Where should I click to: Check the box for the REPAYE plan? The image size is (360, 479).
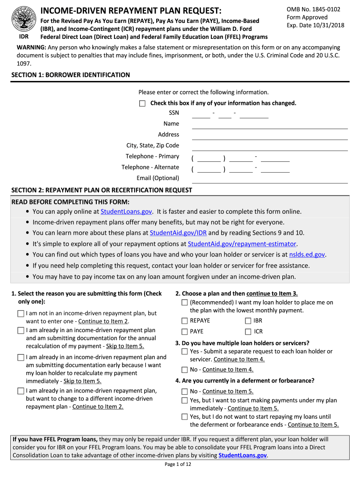185,321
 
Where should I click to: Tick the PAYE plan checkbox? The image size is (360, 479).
185,332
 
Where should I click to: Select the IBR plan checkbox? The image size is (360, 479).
248,321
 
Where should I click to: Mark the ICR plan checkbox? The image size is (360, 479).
248,332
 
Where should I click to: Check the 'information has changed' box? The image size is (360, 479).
143,103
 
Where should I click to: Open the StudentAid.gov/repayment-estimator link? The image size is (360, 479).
242,244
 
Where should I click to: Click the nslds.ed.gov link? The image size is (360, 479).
307,254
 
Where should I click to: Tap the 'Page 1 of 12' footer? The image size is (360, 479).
178,464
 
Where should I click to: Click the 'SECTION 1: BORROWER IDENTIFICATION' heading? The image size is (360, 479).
71,75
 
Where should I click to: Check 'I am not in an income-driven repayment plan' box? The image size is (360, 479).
21,313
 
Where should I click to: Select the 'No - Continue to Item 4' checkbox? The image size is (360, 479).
185,370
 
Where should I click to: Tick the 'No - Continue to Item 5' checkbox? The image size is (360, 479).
185,392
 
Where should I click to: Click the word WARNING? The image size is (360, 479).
31,48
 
